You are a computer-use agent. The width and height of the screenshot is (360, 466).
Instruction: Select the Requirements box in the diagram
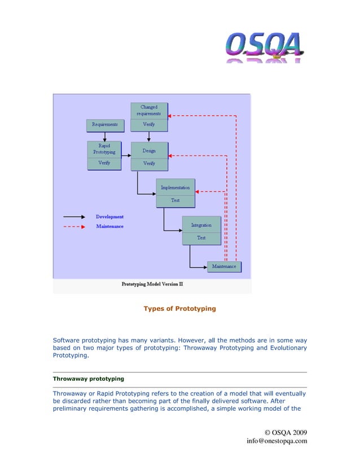pos(104,124)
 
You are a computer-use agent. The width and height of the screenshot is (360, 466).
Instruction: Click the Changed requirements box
pos(149,110)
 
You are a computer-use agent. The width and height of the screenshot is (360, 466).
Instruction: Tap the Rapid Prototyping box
pos(104,149)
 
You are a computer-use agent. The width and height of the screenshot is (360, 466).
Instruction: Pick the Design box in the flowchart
pos(149,151)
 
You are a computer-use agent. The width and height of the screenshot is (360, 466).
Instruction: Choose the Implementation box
pos(175,187)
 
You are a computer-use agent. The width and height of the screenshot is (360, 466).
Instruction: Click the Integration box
pos(201,225)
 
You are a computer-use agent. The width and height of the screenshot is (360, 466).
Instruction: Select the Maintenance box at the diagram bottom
pos(224,266)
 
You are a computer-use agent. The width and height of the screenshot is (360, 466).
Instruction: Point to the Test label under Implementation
pos(175,200)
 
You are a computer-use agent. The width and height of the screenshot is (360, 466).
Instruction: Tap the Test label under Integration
pos(201,238)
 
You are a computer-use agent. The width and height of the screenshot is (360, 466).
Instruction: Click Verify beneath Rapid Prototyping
pos(104,163)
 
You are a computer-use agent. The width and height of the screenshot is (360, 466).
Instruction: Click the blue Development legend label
pos(109,217)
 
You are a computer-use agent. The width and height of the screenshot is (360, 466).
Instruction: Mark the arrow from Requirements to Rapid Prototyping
pos(104,135)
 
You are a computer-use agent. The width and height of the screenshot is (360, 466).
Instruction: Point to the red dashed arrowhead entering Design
pos(171,156)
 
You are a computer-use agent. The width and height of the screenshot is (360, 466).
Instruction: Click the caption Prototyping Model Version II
pos(152,284)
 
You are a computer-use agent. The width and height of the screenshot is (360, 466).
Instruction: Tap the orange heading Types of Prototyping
pos(179,309)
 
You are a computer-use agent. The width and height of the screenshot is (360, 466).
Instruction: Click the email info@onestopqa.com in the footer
pos(276,441)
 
